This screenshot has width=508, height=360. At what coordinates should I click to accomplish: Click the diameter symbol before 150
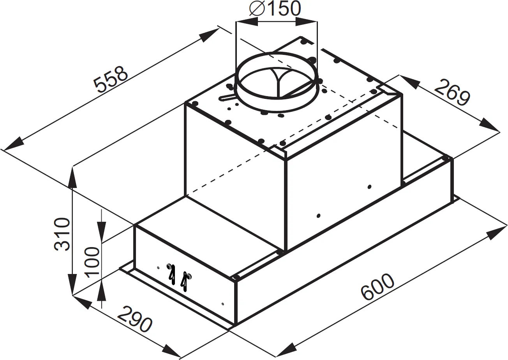point(256,9)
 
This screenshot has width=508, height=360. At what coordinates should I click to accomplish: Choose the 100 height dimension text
point(93,262)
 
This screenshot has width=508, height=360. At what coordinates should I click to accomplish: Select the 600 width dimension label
point(377,288)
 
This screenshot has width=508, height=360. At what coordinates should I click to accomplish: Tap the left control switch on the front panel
point(171,272)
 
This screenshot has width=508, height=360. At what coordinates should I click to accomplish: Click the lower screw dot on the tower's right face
point(319,216)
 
